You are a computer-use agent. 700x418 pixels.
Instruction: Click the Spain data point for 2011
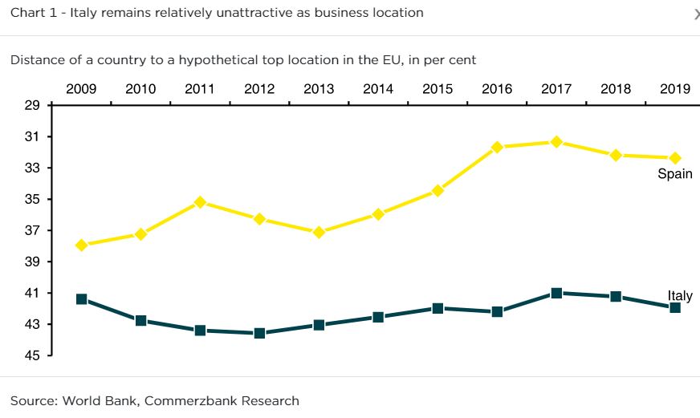pos(200,202)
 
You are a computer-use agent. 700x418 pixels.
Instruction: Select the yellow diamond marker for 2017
pos(556,142)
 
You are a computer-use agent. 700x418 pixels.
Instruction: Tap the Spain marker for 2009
pos(81,245)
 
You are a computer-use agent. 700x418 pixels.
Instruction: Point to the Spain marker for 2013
pos(319,233)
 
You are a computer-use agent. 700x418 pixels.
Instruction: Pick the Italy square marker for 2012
pos(259,333)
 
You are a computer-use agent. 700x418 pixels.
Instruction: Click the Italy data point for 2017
pos(556,293)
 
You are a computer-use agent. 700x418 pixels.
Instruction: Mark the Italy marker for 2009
pos(81,299)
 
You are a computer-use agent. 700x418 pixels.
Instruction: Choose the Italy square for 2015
pos(437,308)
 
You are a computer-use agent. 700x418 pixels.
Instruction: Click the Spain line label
pos(674,174)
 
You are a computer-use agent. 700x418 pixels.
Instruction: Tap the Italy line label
pos(679,296)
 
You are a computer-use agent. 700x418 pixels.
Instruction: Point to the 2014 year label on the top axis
pos(378,89)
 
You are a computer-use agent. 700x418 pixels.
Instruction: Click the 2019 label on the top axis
pos(675,89)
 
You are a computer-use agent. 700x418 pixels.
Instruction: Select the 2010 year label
pos(140,89)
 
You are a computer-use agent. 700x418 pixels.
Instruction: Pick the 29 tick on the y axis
pos(32,105)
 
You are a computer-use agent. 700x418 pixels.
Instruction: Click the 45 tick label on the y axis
pos(32,355)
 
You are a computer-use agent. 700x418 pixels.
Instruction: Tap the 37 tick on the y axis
pos(32,230)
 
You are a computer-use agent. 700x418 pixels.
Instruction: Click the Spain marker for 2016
pos(497,147)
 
